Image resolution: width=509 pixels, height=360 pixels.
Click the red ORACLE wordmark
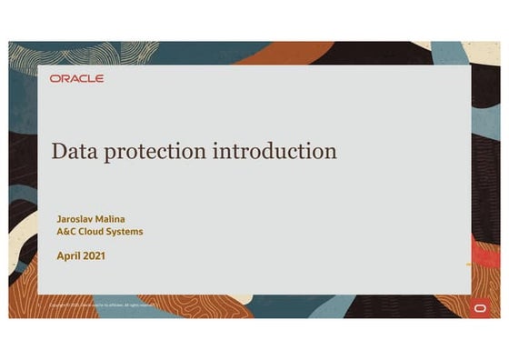coord(76,79)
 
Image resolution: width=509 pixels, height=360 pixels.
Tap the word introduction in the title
coord(274,150)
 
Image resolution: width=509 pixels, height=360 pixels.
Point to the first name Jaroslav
coord(78,218)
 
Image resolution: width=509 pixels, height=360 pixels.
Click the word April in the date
coord(69,256)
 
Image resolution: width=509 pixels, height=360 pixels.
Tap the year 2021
coord(95,255)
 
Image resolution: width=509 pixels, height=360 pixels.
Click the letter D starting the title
coord(58,150)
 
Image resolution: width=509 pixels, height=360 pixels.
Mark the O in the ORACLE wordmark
coord(55,79)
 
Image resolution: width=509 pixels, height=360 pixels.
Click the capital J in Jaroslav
coord(58,218)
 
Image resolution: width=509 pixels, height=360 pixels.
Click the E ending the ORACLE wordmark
coord(100,79)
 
